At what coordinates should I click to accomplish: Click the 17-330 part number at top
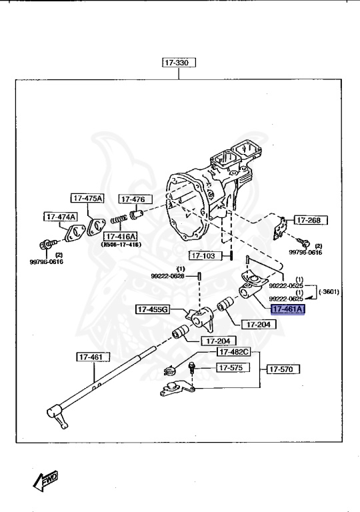tap(178, 63)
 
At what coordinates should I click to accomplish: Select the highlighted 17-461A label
tap(287, 309)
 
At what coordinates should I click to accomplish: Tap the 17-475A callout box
tap(88, 198)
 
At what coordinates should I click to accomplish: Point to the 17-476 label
tap(135, 199)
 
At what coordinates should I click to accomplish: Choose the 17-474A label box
tap(61, 217)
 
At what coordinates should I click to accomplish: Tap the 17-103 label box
tap(204, 255)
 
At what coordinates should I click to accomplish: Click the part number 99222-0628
tap(167, 275)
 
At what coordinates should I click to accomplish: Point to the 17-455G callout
tap(153, 309)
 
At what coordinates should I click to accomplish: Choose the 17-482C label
tap(233, 351)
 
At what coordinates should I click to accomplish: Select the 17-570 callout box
tap(284, 368)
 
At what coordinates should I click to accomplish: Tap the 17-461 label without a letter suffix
tap(91, 357)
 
